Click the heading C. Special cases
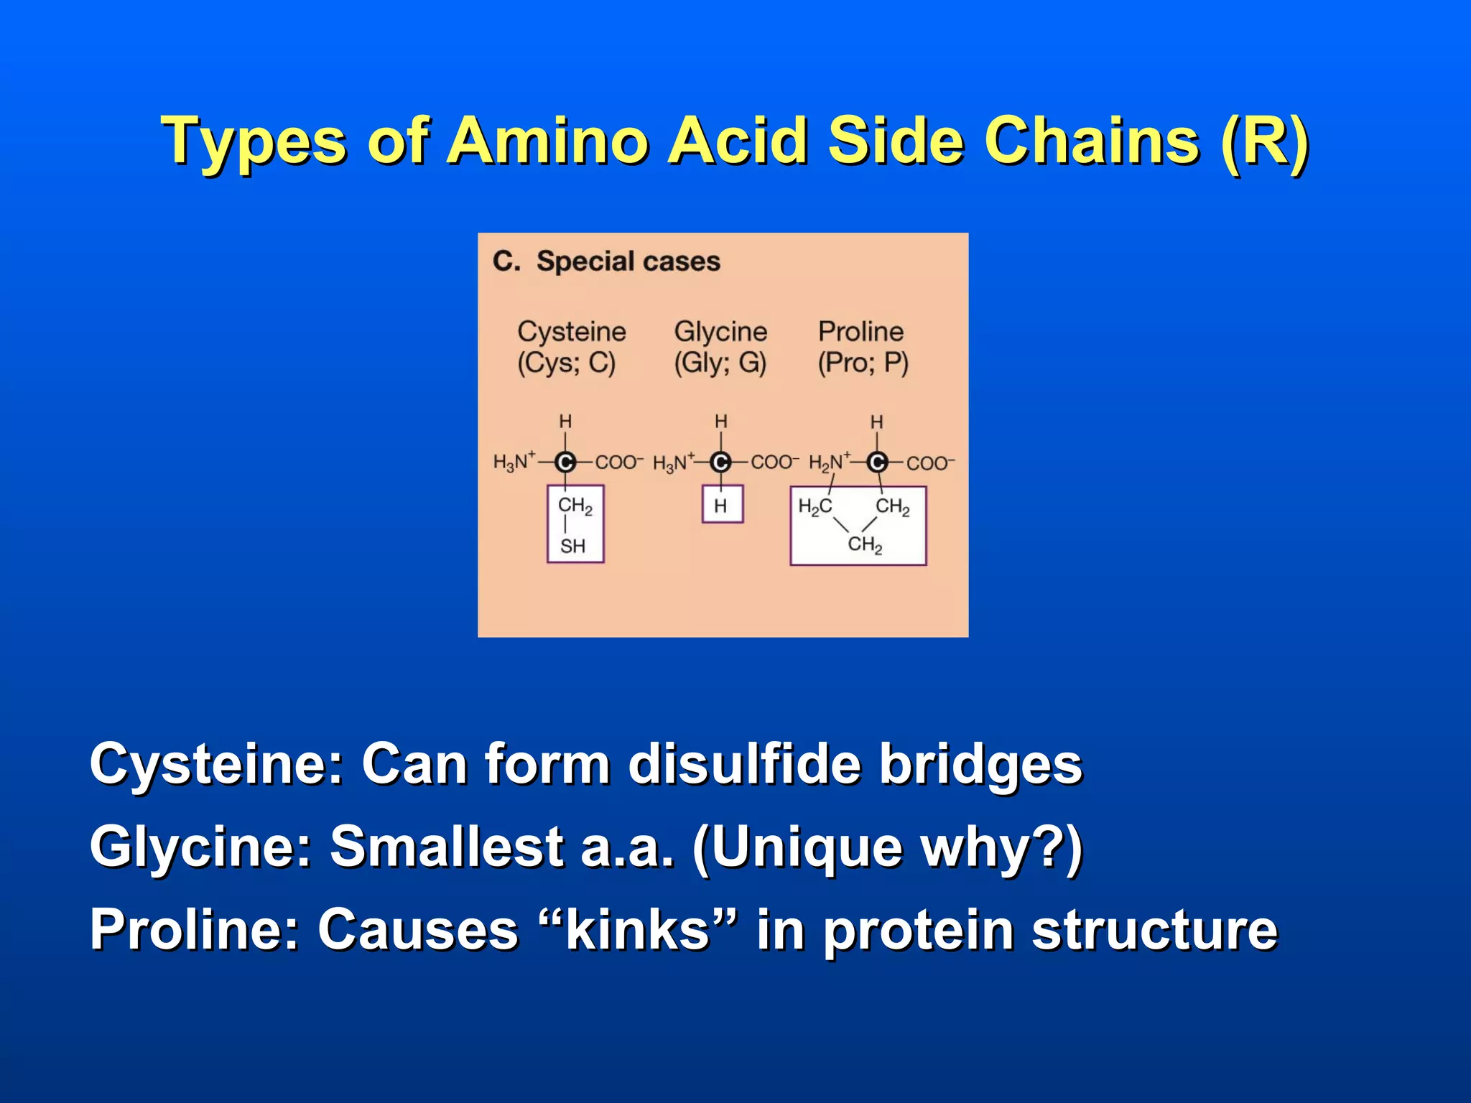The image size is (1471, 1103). [606, 261]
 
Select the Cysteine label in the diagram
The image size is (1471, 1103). [572, 332]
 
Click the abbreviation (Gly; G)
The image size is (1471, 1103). [720, 363]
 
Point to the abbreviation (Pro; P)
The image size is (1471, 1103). [863, 363]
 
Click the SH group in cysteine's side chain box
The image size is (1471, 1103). [573, 546]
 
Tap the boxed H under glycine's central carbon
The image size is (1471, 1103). [721, 506]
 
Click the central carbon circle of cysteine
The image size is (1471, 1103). [565, 462]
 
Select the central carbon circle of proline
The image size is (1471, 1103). [876, 462]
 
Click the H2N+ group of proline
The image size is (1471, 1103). [828, 462]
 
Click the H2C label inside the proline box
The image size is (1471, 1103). [815, 507]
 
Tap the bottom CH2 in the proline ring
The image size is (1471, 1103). [865, 544]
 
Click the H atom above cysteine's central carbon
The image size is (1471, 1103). [565, 422]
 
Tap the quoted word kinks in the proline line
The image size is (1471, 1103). [638, 930]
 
